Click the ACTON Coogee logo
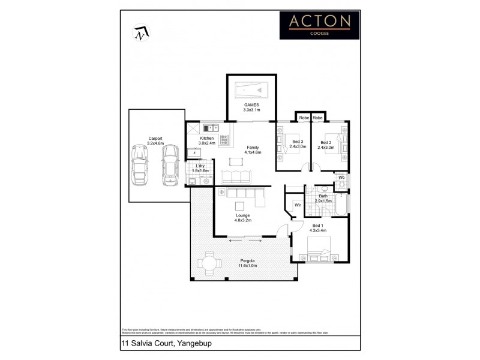320,24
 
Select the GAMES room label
251,107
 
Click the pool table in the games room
251,91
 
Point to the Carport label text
155,141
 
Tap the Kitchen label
208,140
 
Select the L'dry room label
202,167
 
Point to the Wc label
340,178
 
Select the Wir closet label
296,205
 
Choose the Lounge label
242,217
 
